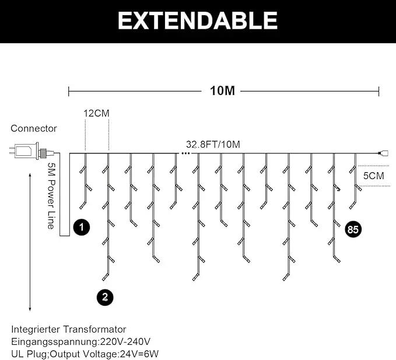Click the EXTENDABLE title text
coord(198,21)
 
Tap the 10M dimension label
coord(222,90)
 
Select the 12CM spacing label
coord(96,113)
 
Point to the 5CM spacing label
coord(373,176)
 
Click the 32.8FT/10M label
coord(213,145)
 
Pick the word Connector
coord(34,128)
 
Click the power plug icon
coord(32,151)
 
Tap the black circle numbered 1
coord(81,227)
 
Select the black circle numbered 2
coord(105,298)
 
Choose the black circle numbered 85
coord(353,229)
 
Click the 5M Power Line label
coord(51,196)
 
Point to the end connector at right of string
coord(383,153)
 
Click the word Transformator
coord(94,330)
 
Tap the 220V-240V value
coord(125,342)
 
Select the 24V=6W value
coord(139,354)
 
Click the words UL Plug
coord(29,354)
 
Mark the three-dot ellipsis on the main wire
coord(185,153)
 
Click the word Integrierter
coord(36,330)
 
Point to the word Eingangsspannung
coord(54,342)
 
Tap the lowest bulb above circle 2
coord(106,276)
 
